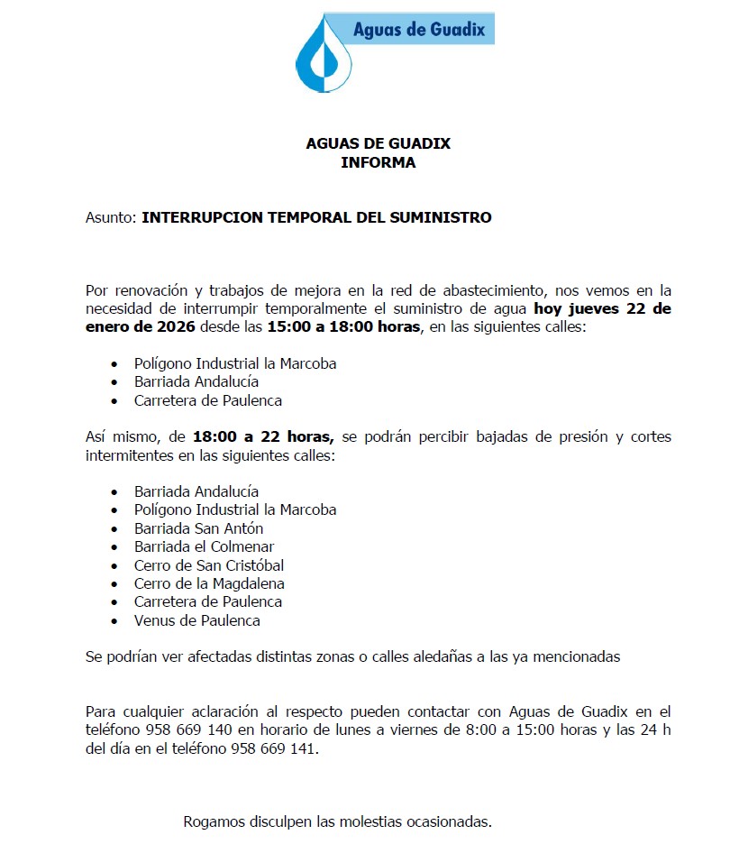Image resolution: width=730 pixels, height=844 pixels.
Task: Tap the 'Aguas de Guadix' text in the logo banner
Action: [419, 30]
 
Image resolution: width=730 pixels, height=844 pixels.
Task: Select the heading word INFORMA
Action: [378, 163]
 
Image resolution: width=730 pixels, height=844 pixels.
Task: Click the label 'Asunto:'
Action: [111, 218]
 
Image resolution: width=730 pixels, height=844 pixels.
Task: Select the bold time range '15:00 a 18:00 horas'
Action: [343, 326]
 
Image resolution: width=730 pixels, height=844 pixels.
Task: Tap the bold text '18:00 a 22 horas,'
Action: [263, 437]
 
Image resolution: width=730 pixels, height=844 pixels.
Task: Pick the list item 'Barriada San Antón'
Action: [198, 528]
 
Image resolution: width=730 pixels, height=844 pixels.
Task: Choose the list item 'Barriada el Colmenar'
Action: [204, 547]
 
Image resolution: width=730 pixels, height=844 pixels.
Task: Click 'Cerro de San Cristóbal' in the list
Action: [209, 565]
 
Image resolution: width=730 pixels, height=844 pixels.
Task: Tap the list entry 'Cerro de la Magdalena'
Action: [209, 584]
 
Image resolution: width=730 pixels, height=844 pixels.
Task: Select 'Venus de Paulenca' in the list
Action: [197, 621]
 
